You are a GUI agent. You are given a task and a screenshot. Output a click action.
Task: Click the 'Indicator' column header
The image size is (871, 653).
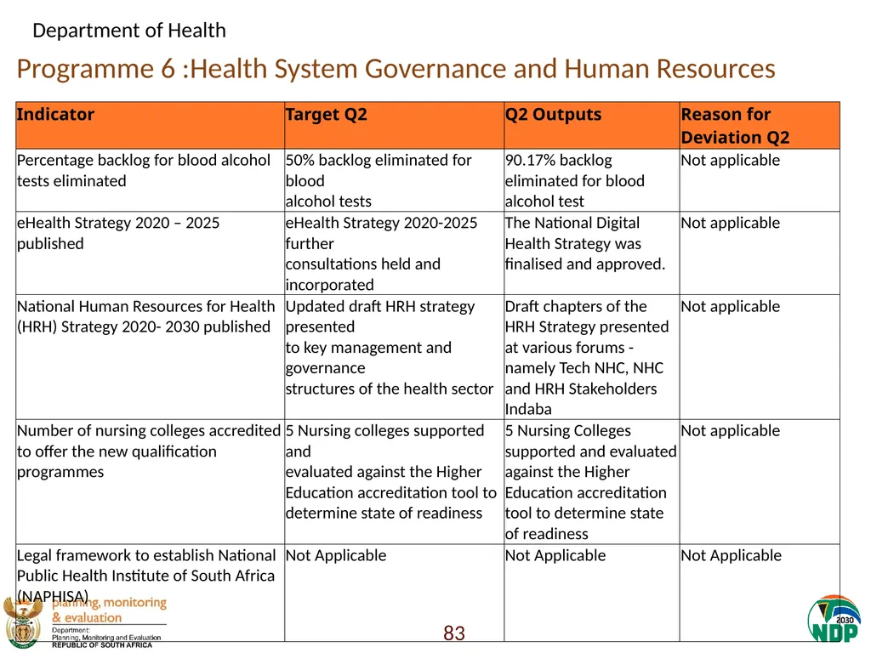(x=55, y=115)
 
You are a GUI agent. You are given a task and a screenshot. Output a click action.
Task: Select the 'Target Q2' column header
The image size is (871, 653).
(x=326, y=115)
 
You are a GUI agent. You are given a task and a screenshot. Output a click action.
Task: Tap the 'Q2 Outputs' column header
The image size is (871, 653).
(x=553, y=115)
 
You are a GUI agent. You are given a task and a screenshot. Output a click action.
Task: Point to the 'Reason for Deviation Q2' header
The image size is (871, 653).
(x=735, y=126)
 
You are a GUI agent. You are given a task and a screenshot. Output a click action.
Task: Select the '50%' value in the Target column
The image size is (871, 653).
(x=300, y=161)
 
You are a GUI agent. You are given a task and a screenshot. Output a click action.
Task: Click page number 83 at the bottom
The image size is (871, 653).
(x=454, y=633)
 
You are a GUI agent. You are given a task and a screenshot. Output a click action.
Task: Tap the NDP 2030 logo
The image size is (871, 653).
(x=834, y=619)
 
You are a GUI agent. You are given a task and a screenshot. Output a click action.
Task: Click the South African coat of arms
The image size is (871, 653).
(x=23, y=622)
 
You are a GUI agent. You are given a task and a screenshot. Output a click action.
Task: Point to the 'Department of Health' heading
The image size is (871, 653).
(x=129, y=31)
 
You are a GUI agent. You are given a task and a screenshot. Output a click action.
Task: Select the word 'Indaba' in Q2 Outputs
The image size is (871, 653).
(x=528, y=409)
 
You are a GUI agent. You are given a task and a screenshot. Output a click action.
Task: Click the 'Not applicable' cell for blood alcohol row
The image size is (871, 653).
(x=731, y=161)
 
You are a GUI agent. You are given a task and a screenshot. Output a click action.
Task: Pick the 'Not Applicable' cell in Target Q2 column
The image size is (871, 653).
(x=336, y=556)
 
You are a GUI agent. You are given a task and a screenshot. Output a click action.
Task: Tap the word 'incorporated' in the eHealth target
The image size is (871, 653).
(x=329, y=285)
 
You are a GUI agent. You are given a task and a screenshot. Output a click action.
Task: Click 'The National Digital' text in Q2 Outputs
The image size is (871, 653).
(x=572, y=223)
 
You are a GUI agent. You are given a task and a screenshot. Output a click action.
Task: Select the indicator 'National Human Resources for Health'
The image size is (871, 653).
(x=146, y=306)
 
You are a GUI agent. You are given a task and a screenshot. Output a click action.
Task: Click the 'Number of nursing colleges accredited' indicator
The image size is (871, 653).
(x=149, y=431)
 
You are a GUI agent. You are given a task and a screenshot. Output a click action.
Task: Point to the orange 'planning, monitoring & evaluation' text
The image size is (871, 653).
(x=110, y=610)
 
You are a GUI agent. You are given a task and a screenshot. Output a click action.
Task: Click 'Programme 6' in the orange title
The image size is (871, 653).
(x=96, y=70)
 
